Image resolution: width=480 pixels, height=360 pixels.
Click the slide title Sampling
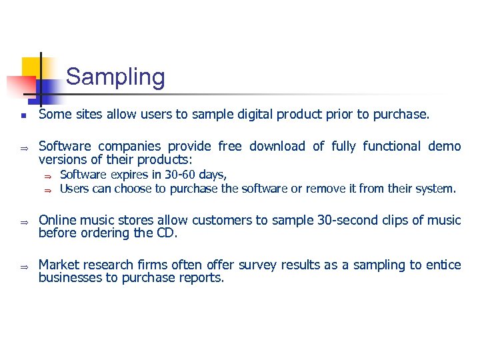pyautogui.click(x=115, y=77)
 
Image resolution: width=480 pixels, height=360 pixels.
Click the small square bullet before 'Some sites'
pyautogui.click(x=22, y=115)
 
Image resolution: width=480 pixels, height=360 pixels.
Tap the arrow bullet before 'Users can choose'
pyautogui.click(x=47, y=189)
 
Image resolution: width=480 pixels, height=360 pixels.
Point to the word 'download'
pyautogui.click(x=275, y=146)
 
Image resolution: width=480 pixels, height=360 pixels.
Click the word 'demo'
pyautogui.click(x=445, y=146)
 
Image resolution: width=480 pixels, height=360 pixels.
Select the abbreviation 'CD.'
pyautogui.click(x=169, y=233)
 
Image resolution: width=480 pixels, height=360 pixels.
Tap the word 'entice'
pyautogui.click(x=443, y=265)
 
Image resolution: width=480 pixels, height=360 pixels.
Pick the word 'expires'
pyautogui.click(x=125, y=175)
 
